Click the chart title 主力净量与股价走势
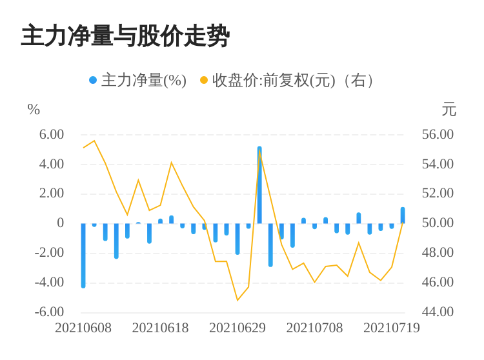click(x=125, y=36)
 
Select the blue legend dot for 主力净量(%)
click(x=93, y=80)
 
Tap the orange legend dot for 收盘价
click(x=204, y=80)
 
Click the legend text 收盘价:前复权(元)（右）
click(x=292, y=81)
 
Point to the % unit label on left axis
click(x=34, y=109)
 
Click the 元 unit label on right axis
click(x=449, y=110)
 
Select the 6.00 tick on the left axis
click(x=51, y=134)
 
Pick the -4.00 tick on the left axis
click(x=49, y=282)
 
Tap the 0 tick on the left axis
click(x=60, y=223)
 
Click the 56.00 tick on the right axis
click(x=438, y=134)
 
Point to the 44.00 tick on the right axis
click(x=438, y=312)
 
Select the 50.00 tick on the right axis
click(x=438, y=223)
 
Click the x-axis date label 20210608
click(x=83, y=328)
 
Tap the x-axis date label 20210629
click(x=237, y=328)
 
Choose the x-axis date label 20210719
click(x=392, y=328)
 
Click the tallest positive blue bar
click(x=259, y=185)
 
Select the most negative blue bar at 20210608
click(x=83, y=255)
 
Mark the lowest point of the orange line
click(x=237, y=300)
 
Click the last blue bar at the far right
click(x=403, y=215)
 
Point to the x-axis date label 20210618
click(x=160, y=328)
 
